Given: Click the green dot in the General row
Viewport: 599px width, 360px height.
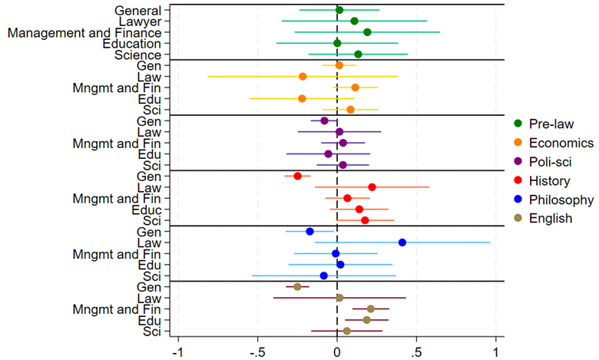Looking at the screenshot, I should pos(339,10).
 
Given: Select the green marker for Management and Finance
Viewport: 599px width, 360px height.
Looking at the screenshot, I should pos(367,32).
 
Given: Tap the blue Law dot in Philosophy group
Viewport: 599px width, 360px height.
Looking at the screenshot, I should pos(402,242).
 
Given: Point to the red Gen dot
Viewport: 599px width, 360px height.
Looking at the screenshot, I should pos(298,176).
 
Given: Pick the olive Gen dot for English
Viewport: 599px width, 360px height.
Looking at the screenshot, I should pos(297,286).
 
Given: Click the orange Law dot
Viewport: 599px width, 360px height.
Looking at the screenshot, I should pos(303,76).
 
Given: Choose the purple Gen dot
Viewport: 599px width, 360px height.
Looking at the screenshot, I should pos(324,121).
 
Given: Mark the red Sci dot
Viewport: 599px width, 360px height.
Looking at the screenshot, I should pos(365,220).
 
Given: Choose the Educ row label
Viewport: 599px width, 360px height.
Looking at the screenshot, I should pos(146,209).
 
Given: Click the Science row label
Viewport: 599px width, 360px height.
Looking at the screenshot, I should pos(137,55).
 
